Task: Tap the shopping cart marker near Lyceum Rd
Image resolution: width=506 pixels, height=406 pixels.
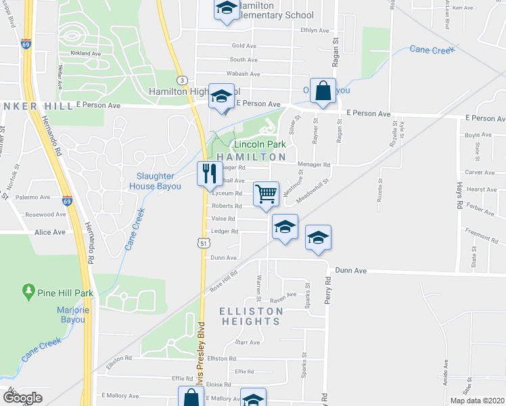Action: click(267, 194)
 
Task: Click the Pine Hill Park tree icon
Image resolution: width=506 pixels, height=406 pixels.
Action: click(28, 292)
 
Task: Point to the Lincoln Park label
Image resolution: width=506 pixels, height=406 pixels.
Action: click(260, 145)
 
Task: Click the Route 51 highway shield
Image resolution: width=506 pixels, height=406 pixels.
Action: click(202, 242)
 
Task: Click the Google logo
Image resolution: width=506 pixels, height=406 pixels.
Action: click(22, 398)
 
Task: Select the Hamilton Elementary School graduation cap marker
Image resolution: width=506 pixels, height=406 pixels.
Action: click(227, 9)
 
